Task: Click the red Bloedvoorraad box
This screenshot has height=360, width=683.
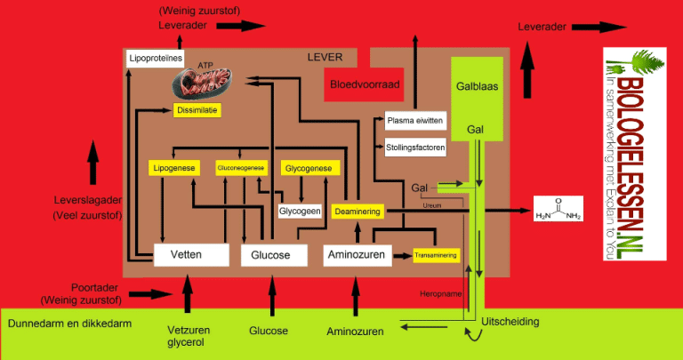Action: [x=365, y=85]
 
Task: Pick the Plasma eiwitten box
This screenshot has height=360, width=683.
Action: [x=414, y=121]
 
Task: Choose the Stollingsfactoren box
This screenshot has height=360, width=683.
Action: [x=414, y=146]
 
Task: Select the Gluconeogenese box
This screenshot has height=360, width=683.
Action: [x=241, y=168]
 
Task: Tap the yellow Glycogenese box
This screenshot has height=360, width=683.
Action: [x=308, y=168]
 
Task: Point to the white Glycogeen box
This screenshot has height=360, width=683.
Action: [x=300, y=212]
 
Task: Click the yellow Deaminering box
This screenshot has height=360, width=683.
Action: [x=358, y=212]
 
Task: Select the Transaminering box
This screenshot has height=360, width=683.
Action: [x=436, y=255]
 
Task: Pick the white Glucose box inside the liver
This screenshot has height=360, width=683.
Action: [x=273, y=254]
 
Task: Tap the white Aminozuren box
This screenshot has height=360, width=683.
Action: [x=357, y=254]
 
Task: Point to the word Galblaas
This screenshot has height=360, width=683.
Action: [x=475, y=88]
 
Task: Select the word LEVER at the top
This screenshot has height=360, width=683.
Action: [x=325, y=57]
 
